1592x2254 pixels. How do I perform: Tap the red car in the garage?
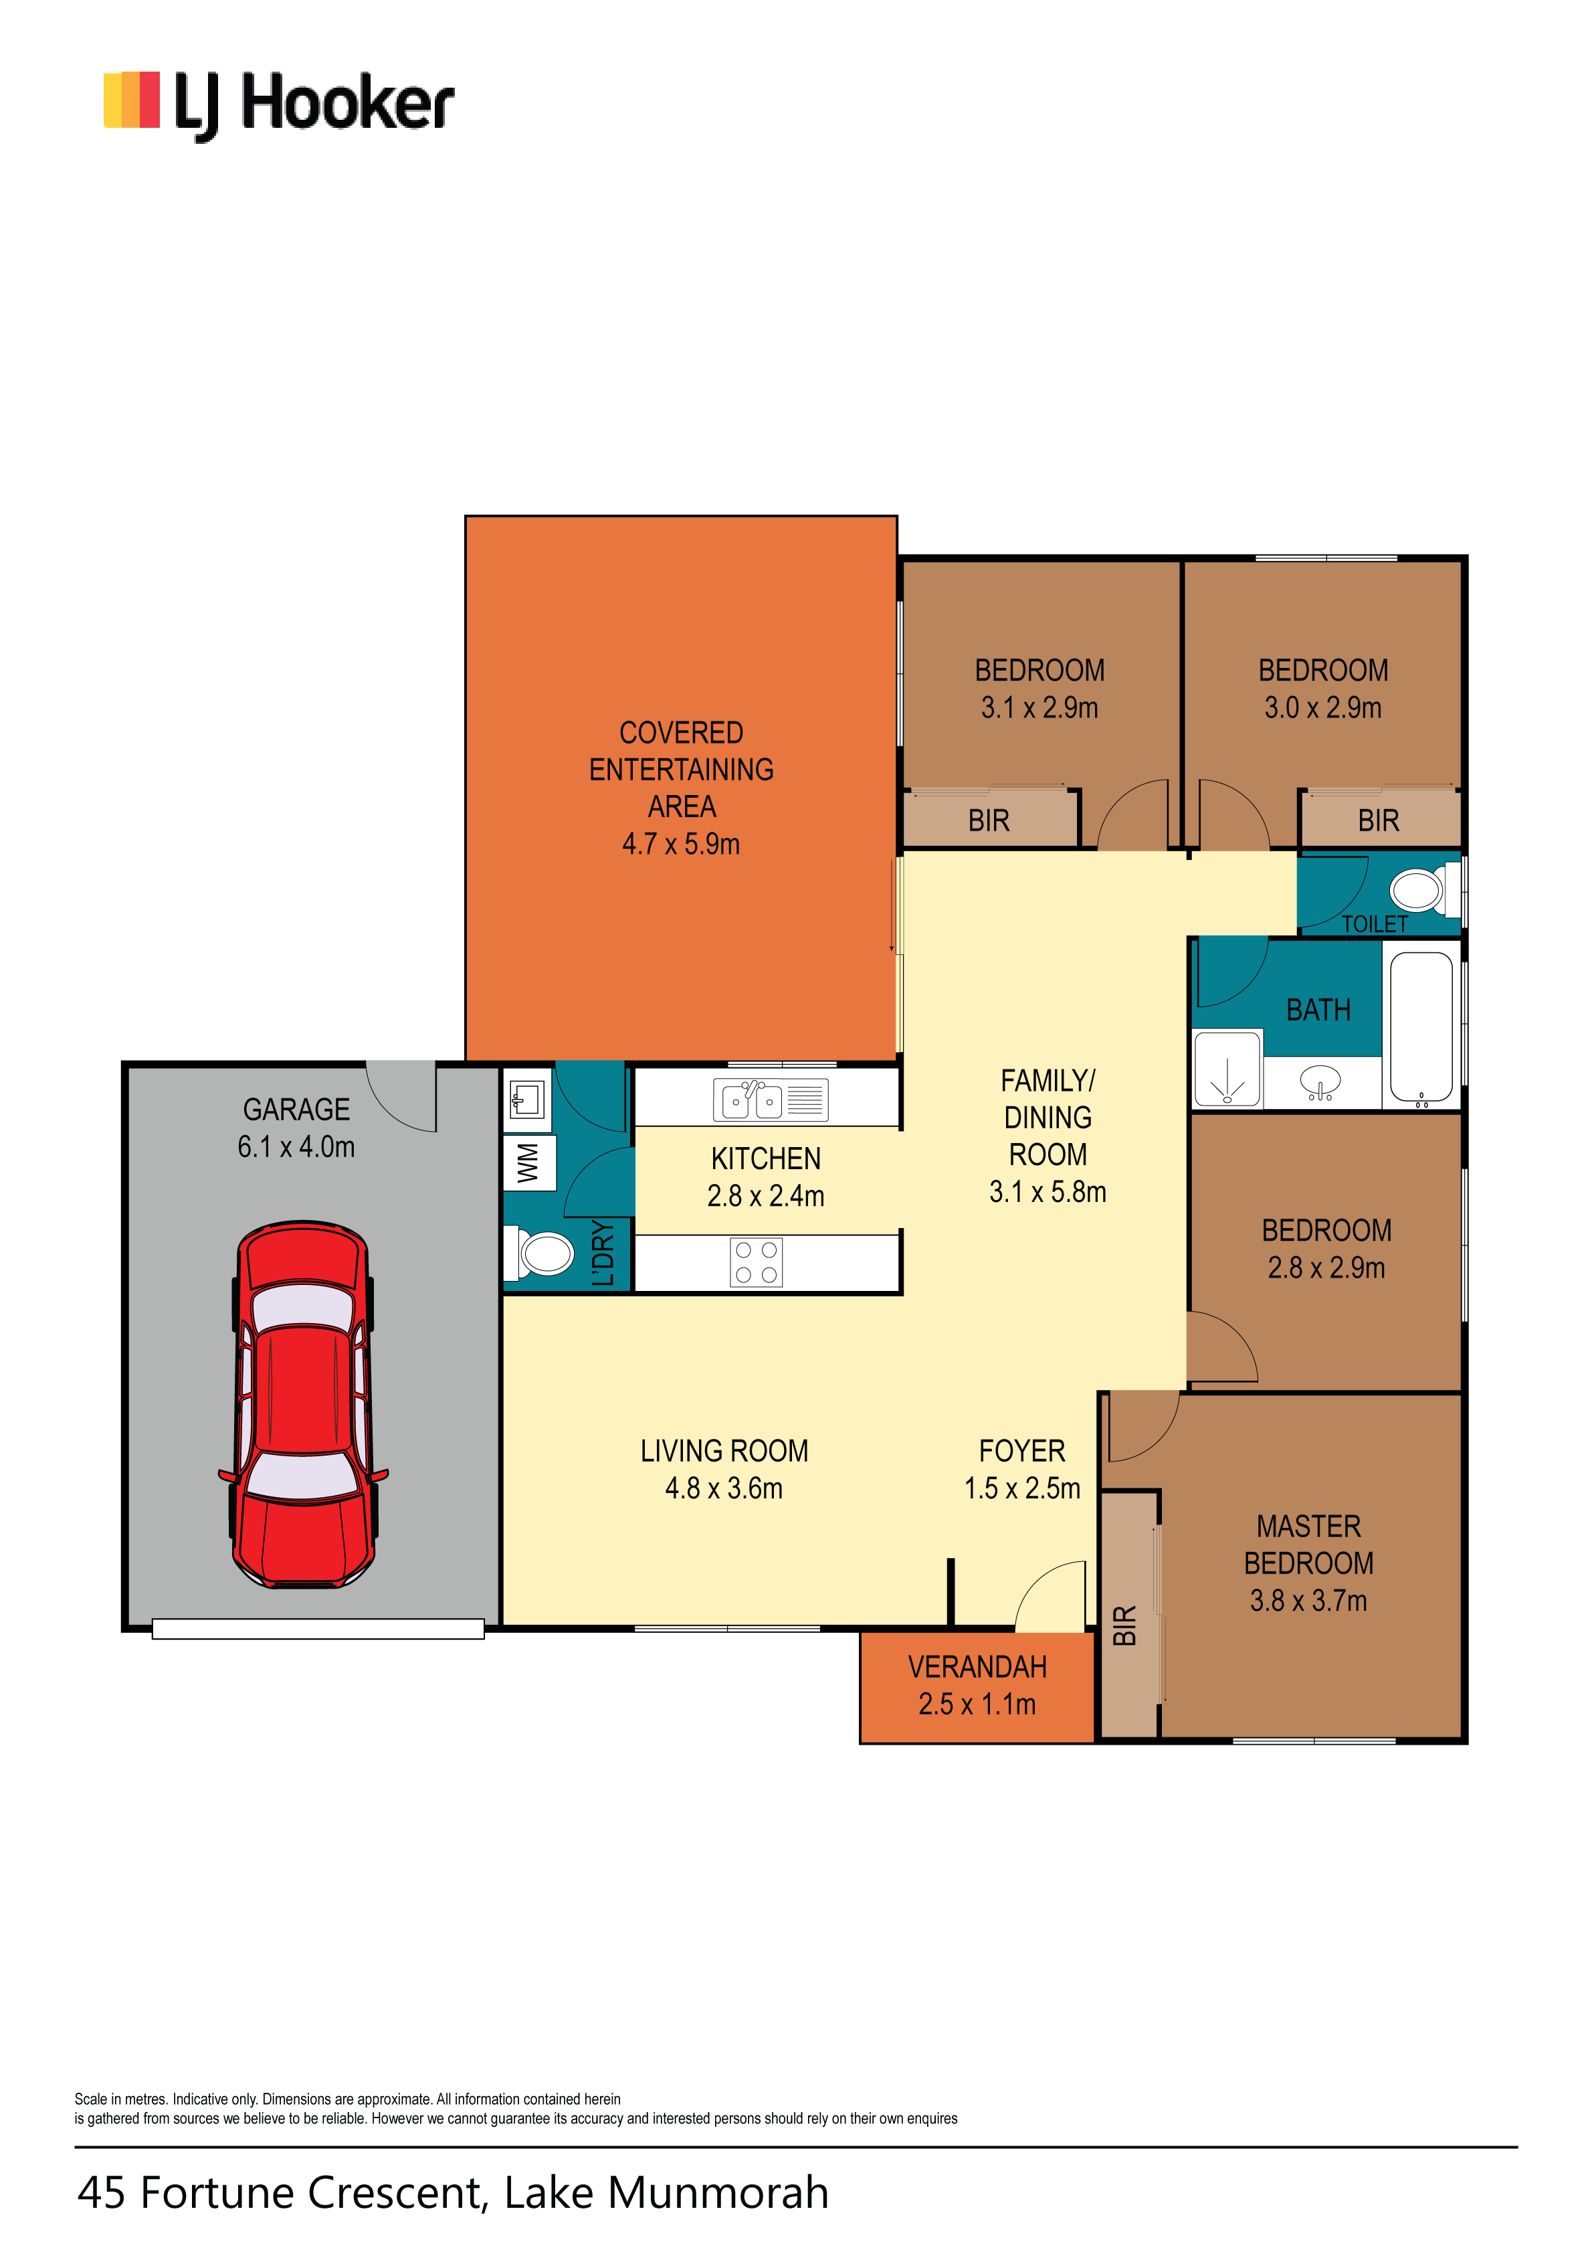click(303, 1404)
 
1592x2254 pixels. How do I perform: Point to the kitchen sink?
click(771, 1100)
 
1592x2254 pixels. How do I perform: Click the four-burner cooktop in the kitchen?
click(756, 1262)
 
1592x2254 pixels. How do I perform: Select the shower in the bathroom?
click(1227, 1068)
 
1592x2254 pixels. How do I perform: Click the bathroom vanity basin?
click(1321, 1082)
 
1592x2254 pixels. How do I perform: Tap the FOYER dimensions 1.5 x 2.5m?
click(1021, 1488)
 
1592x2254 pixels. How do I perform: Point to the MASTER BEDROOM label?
click(1308, 1544)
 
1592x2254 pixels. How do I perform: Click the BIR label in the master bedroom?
click(1125, 1626)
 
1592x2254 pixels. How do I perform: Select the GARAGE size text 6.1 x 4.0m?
click(296, 1146)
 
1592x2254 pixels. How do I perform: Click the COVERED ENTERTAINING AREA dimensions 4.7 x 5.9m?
click(681, 843)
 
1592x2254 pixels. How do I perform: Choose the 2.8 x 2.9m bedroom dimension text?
click(1326, 1268)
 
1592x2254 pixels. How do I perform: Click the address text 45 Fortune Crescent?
click(282, 2192)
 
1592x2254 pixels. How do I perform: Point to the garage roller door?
click(318, 1629)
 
